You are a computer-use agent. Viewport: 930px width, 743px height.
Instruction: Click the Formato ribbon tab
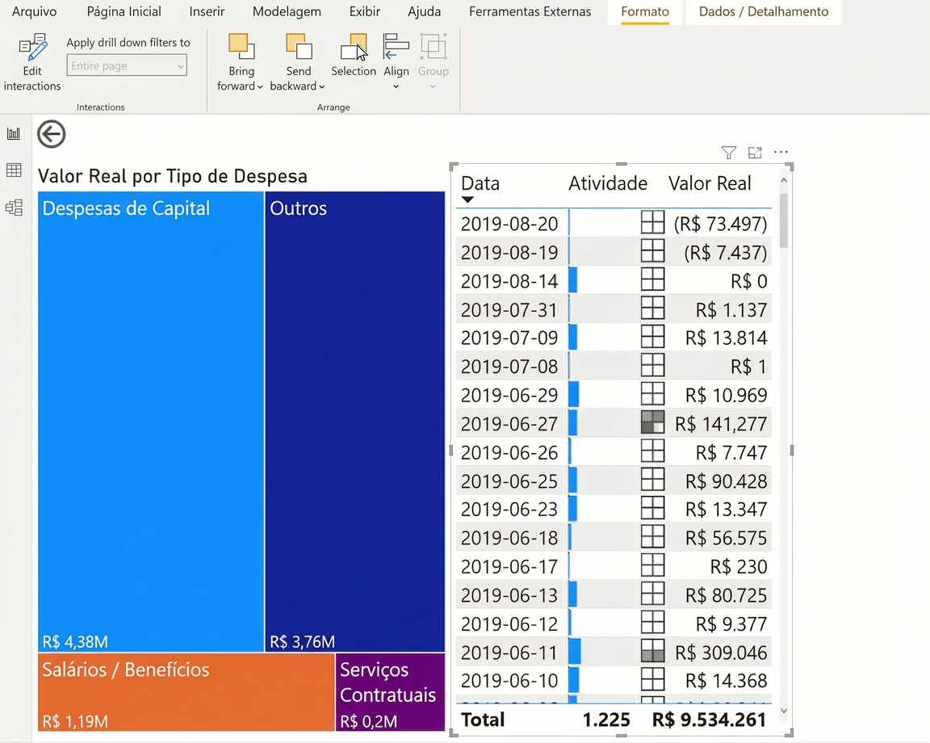[x=645, y=12]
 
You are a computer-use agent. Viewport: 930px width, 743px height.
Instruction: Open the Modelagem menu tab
[x=287, y=12]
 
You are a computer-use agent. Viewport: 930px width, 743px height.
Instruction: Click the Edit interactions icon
[x=32, y=48]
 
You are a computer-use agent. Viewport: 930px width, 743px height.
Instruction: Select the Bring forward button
[x=241, y=62]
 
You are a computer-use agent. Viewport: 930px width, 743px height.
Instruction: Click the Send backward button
[x=298, y=62]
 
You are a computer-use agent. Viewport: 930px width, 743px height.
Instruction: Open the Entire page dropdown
[x=127, y=65]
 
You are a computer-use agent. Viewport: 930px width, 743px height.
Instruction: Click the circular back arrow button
[x=52, y=134]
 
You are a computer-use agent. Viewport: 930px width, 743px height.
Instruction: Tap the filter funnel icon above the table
[x=729, y=153]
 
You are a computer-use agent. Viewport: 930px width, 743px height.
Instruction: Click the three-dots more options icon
[x=781, y=153]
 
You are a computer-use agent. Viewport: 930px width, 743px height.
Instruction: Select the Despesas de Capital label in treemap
[x=126, y=208]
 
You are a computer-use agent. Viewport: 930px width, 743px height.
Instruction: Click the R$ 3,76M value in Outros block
[x=303, y=641]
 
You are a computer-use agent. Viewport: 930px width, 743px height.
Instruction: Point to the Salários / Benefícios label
[x=126, y=670]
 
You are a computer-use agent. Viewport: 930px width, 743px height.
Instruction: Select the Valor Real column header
[x=710, y=183]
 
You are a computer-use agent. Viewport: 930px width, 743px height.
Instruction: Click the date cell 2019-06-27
[x=509, y=424]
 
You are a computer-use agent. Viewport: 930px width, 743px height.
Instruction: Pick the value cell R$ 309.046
[x=721, y=653]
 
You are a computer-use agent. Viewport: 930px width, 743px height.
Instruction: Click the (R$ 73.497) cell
[x=721, y=224]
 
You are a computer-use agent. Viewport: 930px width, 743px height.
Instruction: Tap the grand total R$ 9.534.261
[x=710, y=720]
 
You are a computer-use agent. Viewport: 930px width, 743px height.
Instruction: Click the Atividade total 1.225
[x=606, y=720]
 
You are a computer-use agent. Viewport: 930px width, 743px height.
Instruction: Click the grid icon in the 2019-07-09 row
[x=652, y=337]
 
